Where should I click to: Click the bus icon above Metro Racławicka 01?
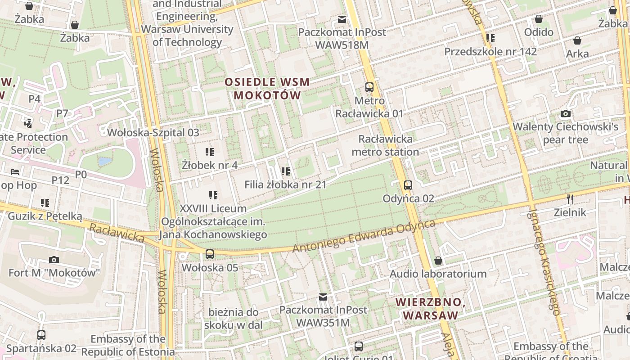pos(369,87)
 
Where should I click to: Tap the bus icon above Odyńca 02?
pos(408,185)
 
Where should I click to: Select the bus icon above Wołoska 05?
pos(210,254)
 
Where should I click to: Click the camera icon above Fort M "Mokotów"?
pos(54,260)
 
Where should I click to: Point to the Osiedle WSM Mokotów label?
pos(267,89)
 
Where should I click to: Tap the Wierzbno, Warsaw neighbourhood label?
pos(430,308)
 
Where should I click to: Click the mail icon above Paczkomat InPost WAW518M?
pos(342,19)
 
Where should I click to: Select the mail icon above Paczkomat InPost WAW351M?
pos(323,297)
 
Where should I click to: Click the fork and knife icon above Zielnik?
pos(570,198)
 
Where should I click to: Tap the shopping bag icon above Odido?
pos(538,19)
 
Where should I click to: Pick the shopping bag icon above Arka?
pos(577,40)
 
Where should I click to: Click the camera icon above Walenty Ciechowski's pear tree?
pos(566,113)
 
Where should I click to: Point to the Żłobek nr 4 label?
pos(210,165)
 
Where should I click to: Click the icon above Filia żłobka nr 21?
pos(285,171)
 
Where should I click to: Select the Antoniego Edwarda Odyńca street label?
pos(364,236)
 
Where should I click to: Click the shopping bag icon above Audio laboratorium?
pos(438,261)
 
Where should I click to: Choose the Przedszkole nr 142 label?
pos(490,51)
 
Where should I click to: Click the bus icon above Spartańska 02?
pos(41,335)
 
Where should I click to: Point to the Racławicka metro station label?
pos(385,145)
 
